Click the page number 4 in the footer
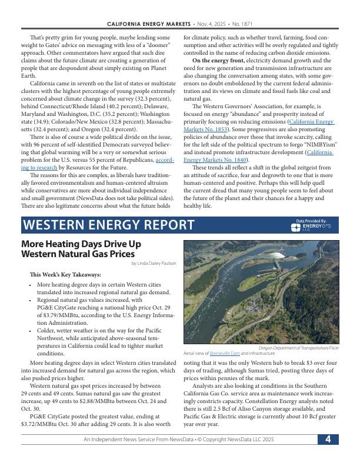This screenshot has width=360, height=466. (328, 440)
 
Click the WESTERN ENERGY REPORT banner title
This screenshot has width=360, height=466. (108, 225)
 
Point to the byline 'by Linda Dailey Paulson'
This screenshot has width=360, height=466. (154, 263)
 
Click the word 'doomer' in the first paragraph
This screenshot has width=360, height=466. (154, 44)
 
